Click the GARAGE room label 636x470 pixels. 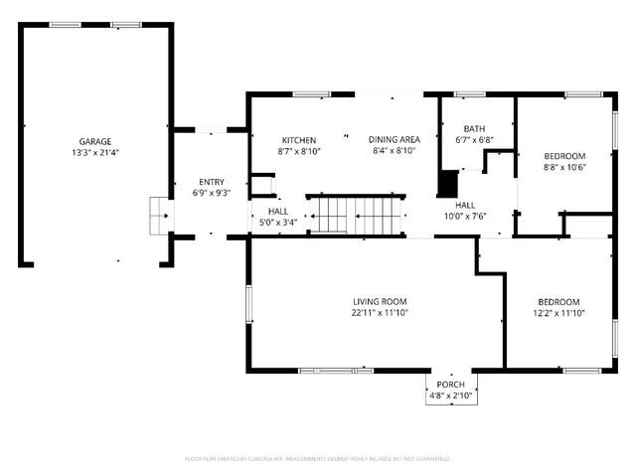[95, 141]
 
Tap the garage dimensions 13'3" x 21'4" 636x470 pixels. [95, 153]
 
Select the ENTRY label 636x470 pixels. [211, 181]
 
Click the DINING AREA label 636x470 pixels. [394, 139]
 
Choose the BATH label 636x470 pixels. [474, 128]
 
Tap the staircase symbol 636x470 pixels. [356, 212]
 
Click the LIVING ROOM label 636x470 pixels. [380, 301]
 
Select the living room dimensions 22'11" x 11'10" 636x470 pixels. [380, 313]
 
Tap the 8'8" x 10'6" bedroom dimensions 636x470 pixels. [563, 167]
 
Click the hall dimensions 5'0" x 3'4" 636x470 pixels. [277, 223]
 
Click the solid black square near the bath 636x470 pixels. [449, 184]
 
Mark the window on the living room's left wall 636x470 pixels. [248, 308]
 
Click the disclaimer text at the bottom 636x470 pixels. [317, 460]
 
